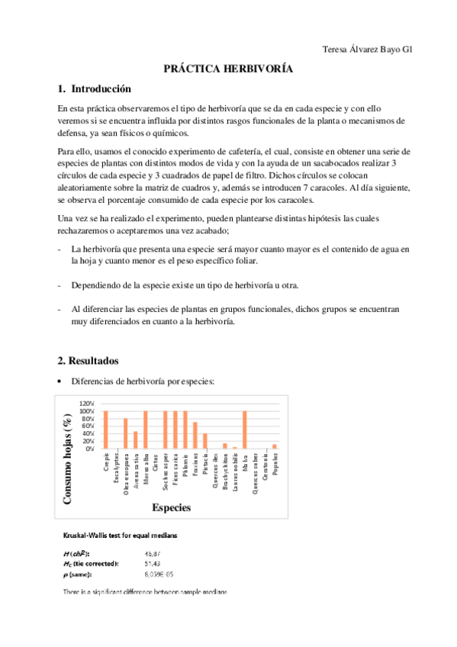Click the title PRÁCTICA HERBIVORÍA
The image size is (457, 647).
click(228, 69)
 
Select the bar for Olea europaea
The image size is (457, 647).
click(125, 434)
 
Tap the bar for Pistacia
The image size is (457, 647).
click(204, 441)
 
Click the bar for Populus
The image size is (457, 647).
click(274, 446)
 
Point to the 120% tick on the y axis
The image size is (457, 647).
click(86, 404)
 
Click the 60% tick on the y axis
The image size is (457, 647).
click(88, 426)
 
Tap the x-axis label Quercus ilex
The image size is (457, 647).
click(215, 474)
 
